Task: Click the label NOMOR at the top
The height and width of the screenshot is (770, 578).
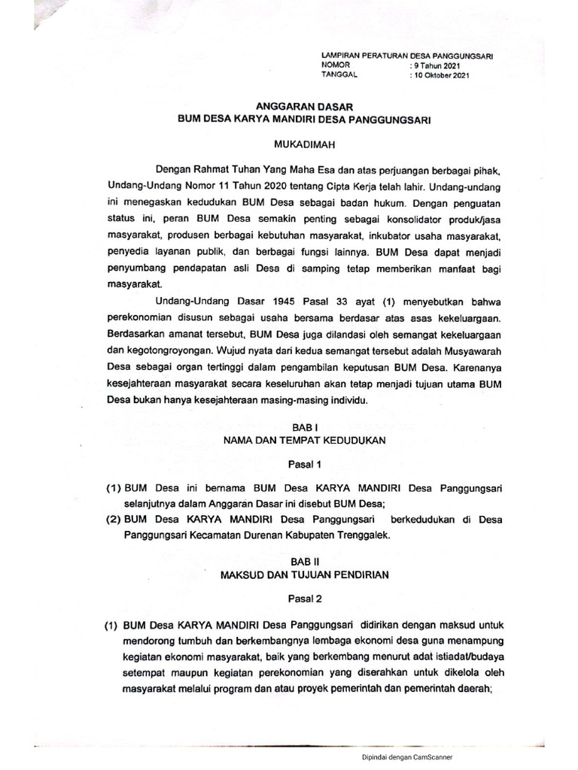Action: point(336,65)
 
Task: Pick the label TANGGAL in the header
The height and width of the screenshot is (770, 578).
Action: point(339,75)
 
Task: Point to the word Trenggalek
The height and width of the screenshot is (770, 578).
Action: point(356,535)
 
